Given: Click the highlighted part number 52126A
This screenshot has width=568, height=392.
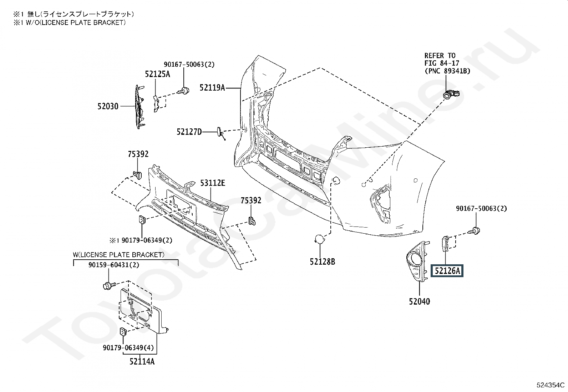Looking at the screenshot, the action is click(x=447, y=271).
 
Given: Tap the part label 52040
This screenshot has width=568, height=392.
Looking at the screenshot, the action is click(x=420, y=301).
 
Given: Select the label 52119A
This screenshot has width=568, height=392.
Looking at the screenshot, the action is click(x=212, y=88).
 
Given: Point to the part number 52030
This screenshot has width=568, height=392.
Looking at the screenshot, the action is click(x=108, y=106).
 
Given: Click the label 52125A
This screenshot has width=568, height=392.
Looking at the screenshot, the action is click(x=157, y=74).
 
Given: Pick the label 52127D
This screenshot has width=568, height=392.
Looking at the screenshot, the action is click(x=189, y=132).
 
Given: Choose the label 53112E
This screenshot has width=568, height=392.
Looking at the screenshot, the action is click(x=213, y=183).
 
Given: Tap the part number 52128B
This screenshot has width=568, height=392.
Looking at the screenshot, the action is click(x=323, y=262).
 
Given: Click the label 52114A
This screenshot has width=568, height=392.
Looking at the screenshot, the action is click(x=142, y=362).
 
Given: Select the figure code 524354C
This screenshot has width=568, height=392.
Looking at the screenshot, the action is click(x=550, y=385).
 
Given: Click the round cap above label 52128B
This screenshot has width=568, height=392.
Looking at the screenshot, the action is click(x=319, y=239).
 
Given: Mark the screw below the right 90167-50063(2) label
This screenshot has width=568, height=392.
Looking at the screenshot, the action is click(x=474, y=231).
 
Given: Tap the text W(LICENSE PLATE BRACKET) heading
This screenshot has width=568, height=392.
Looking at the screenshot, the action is click(x=119, y=255).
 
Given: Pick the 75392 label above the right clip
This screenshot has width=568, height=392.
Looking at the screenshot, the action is click(x=251, y=200).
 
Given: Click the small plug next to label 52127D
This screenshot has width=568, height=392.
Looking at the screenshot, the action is click(x=220, y=133).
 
